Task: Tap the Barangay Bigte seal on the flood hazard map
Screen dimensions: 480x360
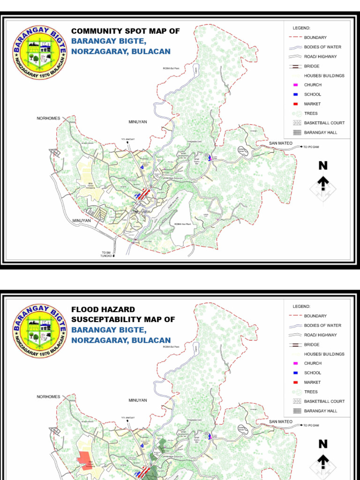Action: tap(40, 330)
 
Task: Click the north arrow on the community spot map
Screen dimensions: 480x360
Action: tap(323, 185)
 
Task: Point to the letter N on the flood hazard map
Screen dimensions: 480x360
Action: tap(323, 443)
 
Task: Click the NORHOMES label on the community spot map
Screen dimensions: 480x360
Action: tap(49, 119)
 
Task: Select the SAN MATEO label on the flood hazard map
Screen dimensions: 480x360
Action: tap(280, 422)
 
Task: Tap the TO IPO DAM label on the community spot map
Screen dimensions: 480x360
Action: tap(311, 147)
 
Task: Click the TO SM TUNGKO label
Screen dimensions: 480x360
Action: tap(107, 255)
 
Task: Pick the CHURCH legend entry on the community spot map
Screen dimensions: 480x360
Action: tap(313, 85)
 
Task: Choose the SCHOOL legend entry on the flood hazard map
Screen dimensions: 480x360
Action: tap(313, 373)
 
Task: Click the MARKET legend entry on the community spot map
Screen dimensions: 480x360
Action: tap(312, 104)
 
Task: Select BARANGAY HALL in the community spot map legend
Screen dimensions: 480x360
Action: tap(320, 133)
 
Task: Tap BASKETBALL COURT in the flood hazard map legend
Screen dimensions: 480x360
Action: tap(324, 401)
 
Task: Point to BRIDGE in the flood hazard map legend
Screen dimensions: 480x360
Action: tap(312, 345)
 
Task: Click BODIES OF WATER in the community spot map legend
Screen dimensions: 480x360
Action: tap(322, 47)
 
